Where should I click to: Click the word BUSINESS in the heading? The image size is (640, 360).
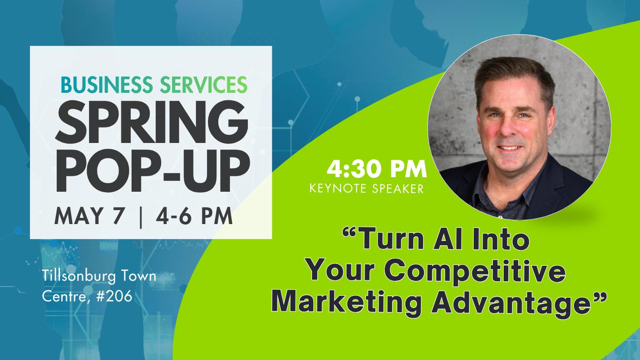107,85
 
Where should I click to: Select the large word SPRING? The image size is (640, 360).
152,122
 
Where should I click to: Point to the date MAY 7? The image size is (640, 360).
89,216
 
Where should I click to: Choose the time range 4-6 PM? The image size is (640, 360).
194,216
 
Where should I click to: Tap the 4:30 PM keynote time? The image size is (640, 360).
377,169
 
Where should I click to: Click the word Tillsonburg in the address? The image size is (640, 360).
79,277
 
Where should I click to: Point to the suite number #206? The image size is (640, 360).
114,296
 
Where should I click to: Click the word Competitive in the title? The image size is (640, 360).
475,271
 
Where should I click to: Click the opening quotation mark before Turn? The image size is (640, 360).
349,232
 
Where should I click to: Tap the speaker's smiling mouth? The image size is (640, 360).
509,148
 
